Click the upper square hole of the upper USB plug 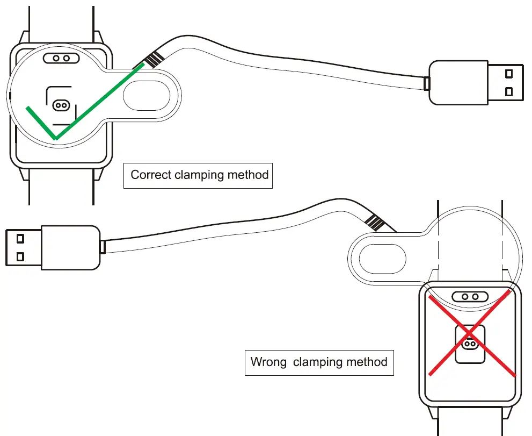coord(508,73)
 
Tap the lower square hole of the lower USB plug coord(20,256)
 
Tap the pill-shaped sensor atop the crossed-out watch coord(470,297)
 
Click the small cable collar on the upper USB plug coord(427,83)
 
